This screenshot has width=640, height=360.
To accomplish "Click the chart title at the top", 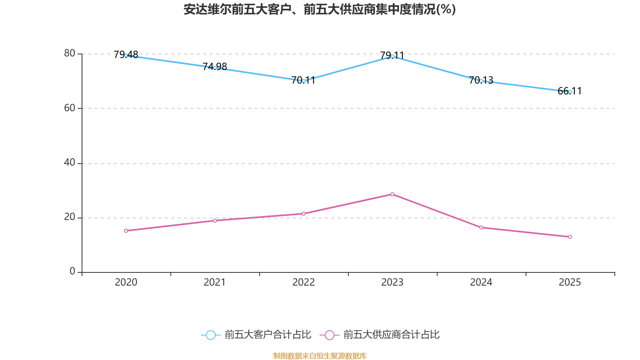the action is (320, 10).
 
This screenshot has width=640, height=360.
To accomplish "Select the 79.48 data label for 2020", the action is (126, 54).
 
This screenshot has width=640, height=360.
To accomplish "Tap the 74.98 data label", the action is (215, 66).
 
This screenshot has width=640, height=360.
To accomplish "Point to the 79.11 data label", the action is (392, 55).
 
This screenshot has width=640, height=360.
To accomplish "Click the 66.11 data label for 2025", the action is (570, 91).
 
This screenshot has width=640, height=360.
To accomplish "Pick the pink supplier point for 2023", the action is (392, 194).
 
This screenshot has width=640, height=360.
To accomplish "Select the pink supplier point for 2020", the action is (126, 231).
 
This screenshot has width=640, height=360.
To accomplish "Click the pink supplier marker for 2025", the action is (570, 237).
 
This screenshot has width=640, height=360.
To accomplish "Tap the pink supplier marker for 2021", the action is (215, 220).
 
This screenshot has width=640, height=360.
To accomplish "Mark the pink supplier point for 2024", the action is (481, 228).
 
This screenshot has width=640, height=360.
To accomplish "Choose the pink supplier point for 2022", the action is (304, 214).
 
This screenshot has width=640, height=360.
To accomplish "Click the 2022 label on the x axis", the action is (304, 282).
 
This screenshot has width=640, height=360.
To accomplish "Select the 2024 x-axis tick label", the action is (481, 282).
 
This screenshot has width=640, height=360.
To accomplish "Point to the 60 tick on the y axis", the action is (70, 108).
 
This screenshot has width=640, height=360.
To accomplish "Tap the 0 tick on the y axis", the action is (72, 272).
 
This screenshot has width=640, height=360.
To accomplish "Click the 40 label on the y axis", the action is (70, 162).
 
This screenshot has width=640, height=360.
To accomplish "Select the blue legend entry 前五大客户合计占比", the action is (256, 335).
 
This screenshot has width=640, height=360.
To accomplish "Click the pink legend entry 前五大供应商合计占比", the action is (380, 335).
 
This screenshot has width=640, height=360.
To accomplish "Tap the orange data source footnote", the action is (320, 356).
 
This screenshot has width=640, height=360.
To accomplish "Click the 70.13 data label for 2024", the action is (481, 80).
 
